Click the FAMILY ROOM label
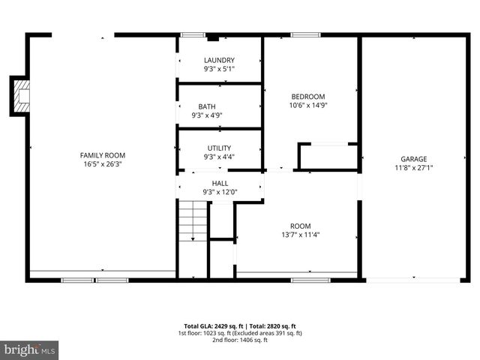point(103,155)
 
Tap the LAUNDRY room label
point(219,60)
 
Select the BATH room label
point(207,106)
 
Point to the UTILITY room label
point(219,148)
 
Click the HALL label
point(220,183)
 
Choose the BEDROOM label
point(308,96)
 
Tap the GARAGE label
point(413,159)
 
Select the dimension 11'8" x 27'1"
point(413,168)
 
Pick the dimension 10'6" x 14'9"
point(308,105)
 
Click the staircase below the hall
point(193,221)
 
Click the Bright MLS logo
point(29,350)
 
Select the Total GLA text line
point(239,325)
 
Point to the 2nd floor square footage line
point(239,340)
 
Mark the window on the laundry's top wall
point(193,34)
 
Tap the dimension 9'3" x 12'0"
point(220,192)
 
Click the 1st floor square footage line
point(239,333)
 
